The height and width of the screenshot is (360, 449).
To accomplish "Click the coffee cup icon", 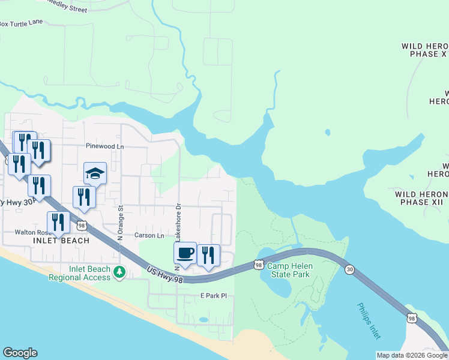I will pos(185,253).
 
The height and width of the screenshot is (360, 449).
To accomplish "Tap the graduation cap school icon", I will pos(95,173).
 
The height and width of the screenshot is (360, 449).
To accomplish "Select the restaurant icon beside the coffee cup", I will pos(208,255).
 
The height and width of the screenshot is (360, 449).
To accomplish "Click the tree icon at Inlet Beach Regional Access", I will pos(119,273).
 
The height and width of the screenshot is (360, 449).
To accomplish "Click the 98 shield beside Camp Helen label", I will pos(259,264).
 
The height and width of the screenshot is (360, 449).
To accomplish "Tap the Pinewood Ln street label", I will pos(104,146).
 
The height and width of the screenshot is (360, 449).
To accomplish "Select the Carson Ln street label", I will pos(149,236).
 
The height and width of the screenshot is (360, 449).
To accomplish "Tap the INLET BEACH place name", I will pos(62,241).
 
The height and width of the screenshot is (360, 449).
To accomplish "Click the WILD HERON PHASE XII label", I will pos(421,199).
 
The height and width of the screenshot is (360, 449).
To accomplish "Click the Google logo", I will pos(20,353).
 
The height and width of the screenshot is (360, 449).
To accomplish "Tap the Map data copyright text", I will pos(412,355).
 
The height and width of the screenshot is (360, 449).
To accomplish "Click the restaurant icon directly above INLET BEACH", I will pos(58,221).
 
